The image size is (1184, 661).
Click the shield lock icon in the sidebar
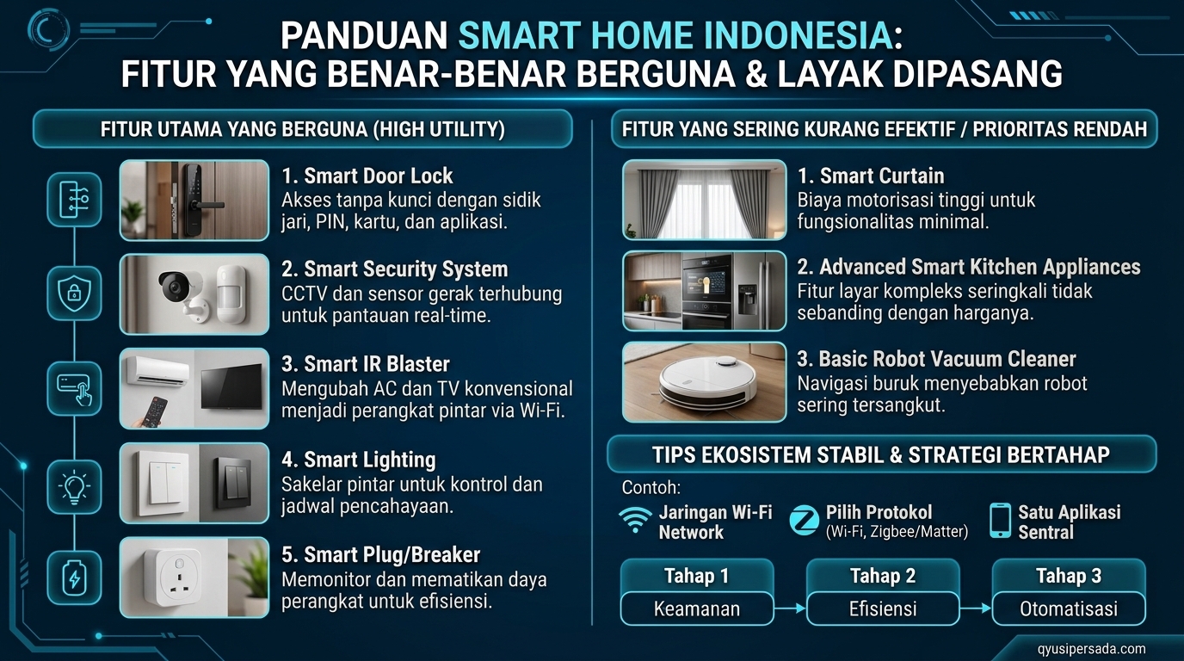click(74, 293)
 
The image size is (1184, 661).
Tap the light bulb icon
click(74, 486)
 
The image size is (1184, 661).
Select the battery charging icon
click(74, 578)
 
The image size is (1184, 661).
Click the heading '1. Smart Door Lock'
click(367, 176)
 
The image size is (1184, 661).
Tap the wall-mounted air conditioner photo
click(160, 371)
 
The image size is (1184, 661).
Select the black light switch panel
click(232, 480)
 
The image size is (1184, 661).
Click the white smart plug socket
click(173, 577)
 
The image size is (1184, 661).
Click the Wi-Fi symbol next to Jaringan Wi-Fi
click(635, 520)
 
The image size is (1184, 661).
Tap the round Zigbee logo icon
click(805, 521)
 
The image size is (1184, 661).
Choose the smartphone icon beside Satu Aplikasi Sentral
click(1000, 521)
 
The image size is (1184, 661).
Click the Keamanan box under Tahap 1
click(697, 608)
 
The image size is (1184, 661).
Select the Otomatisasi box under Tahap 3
click(1069, 608)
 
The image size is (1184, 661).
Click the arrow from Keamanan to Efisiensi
click(790, 608)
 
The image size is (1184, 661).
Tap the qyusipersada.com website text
click(1091, 649)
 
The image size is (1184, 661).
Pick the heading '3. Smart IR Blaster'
click(365, 364)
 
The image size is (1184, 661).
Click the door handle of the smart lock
click(208, 205)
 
